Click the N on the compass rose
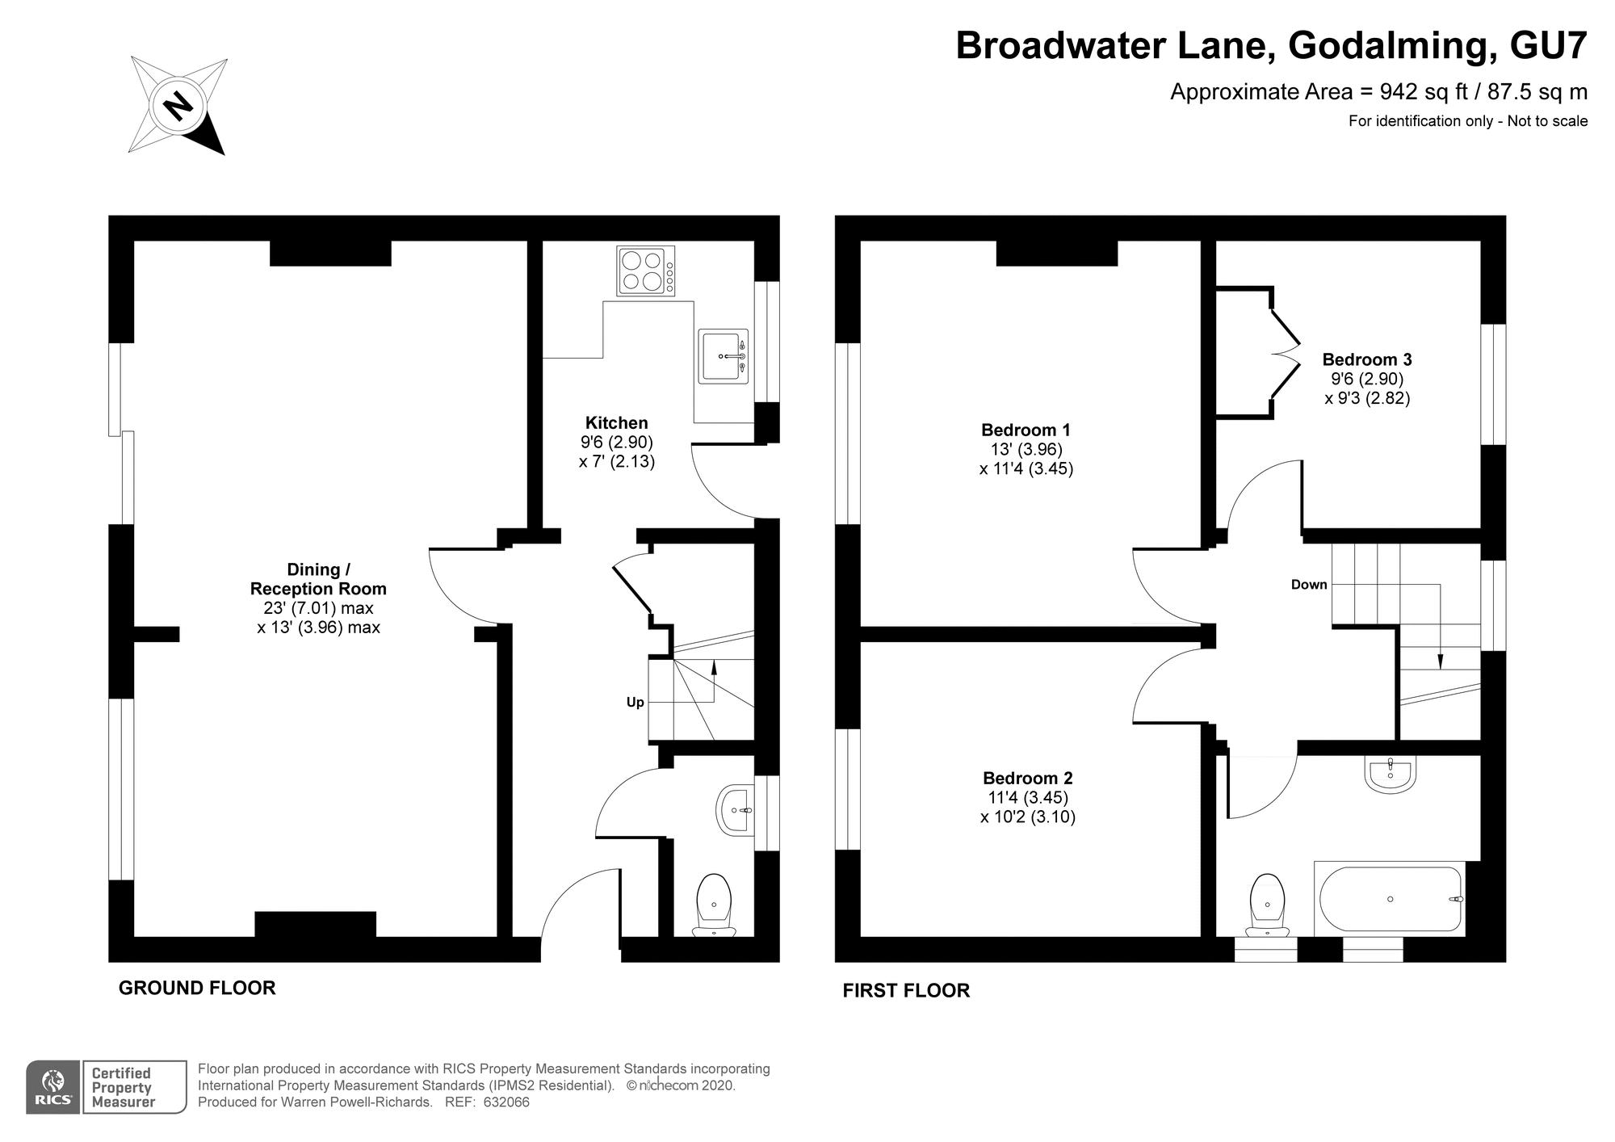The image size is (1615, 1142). (178, 106)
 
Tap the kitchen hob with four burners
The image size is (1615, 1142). (646, 271)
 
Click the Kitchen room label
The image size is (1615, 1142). (616, 422)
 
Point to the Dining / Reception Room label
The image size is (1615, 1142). (318, 579)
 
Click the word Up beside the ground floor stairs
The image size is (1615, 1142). (636, 703)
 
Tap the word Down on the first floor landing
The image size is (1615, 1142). (1309, 585)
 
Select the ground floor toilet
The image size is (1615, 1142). (714, 905)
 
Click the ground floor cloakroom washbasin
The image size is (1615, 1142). (735, 809)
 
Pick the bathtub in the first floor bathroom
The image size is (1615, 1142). (1391, 899)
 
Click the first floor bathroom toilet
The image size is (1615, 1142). (1267, 905)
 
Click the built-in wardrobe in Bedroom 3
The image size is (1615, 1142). (1256, 353)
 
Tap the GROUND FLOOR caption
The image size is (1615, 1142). (197, 988)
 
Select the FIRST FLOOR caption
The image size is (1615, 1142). (906, 990)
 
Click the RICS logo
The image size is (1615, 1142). (53, 1087)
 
